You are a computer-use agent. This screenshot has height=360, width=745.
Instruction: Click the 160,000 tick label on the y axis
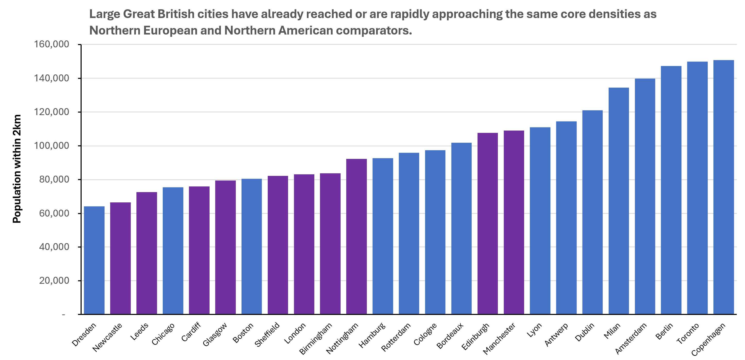51,44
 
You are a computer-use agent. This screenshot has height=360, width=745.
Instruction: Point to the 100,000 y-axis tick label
51,145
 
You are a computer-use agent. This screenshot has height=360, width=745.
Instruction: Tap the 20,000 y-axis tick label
54,280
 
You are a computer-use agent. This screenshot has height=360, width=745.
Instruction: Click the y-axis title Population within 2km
17,169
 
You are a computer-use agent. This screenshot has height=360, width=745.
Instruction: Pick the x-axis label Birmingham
315,338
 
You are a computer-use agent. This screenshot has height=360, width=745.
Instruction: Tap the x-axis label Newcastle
107,337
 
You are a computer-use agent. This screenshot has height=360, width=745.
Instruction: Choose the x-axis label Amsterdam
630,338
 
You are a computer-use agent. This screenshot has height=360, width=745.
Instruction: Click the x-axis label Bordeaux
450,335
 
